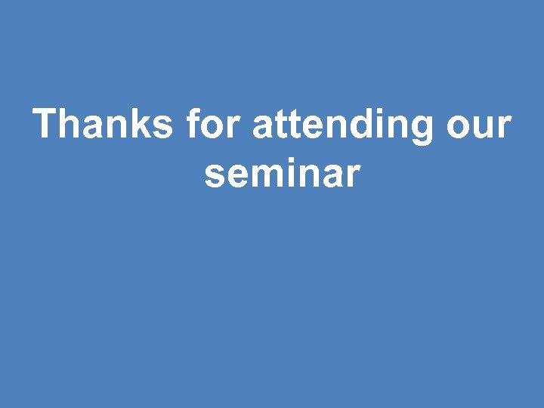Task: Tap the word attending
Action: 344,125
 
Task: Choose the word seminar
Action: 281,174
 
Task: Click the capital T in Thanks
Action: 46,123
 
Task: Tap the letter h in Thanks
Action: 71,123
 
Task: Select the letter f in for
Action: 193,123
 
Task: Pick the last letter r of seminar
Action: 353,175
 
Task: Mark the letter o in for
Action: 215,127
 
